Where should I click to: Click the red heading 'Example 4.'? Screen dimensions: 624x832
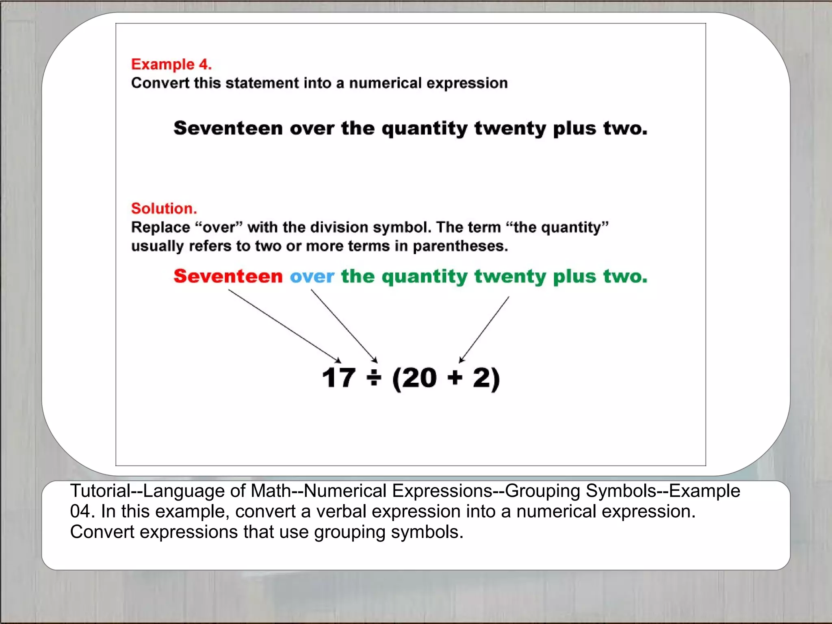point(171,65)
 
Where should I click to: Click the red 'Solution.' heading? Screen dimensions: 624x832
point(164,208)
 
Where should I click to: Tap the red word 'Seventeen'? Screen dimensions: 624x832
point(228,276)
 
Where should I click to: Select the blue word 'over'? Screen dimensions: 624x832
point(312,277)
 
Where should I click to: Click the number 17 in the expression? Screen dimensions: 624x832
point(338,378)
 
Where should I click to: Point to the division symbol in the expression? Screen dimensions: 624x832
point(374,378)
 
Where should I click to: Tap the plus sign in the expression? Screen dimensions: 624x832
point(455,378)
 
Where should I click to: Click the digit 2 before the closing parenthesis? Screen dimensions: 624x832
point(481,378)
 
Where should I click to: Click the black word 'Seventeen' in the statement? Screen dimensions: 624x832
point(228,128)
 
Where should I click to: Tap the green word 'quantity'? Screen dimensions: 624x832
point(424,277)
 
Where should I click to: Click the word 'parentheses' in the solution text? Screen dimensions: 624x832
point(460,246)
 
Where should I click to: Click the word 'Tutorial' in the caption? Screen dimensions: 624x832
point(100,491)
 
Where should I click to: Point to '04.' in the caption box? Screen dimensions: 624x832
point(82,511)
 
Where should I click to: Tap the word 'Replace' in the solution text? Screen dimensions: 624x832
point(160,227)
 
